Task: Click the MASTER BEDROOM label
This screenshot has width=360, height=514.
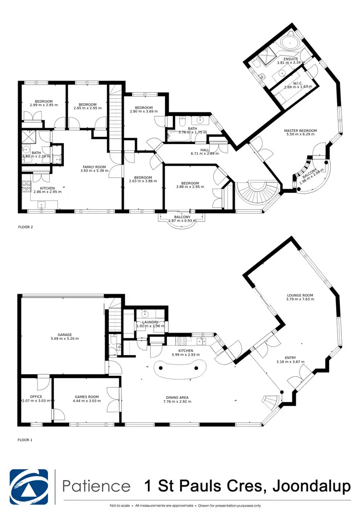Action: coord(300,131)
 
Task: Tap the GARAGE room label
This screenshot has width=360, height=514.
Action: coord(65,335)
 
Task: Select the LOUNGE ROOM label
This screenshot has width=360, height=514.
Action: coord(300,296)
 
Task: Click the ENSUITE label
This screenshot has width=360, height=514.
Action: coord(291,59)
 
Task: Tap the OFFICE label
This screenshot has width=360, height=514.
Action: coord(36,397)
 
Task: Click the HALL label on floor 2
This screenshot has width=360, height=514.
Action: coord(205,150)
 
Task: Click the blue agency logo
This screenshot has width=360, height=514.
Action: coord(29,486)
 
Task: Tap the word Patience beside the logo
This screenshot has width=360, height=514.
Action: coord(96,486)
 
